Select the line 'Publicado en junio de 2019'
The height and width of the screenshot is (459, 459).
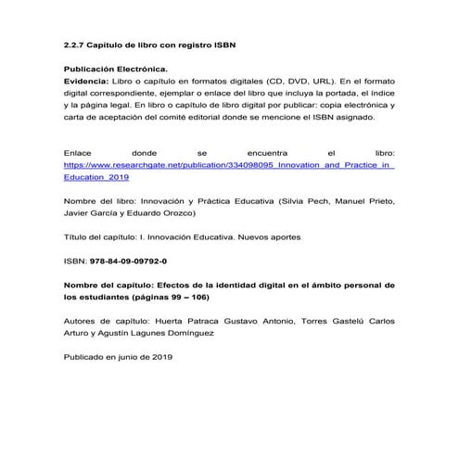pyautogui.click(x=119, y=357)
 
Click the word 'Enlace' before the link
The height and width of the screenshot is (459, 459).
pyautogui.click(x=78, y=151)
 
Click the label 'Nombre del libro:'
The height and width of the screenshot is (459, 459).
pyautogui.click(x=97, y=200)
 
